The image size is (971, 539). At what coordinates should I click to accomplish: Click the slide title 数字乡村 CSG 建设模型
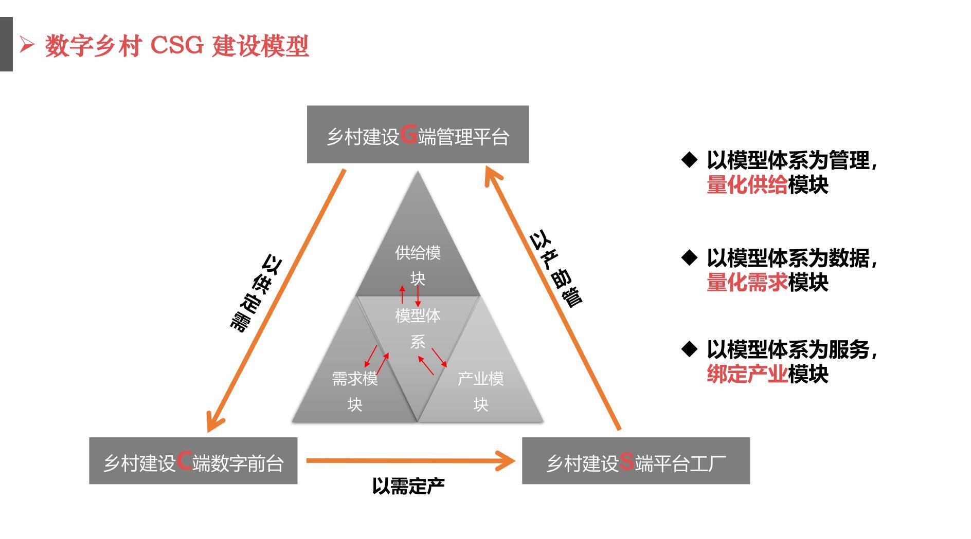(x=176, y=46)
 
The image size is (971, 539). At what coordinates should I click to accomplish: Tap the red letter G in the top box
(x=408, y=135)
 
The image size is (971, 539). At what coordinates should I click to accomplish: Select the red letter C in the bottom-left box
(x=184, y=461)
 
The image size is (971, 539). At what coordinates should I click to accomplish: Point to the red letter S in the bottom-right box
(x=626, y=461)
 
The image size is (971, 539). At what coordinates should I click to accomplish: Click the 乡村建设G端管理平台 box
(x=418, y=135)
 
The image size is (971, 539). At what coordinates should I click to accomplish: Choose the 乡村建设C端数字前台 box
(x=193, y=461)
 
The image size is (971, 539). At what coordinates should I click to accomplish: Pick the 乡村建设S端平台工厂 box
(x=636, y=461)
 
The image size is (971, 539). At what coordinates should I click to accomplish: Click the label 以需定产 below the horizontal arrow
(x=408, y=486)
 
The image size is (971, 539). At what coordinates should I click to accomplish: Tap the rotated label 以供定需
(x=255, y=293)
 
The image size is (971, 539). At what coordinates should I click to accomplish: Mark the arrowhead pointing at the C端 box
(x=213, y=421)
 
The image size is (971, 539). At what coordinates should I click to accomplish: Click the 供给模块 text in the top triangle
(x=418, y=266)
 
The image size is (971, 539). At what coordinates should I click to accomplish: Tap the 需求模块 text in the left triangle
(x=355, y=392)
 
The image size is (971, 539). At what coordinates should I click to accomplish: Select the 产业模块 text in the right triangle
(x=480, y=392)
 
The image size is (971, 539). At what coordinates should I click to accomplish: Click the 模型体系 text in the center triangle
(x=418, y=328)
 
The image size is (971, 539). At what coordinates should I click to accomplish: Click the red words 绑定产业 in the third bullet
(x=747, y=374)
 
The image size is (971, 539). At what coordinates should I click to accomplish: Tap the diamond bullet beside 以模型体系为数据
(x=689, y=257)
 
